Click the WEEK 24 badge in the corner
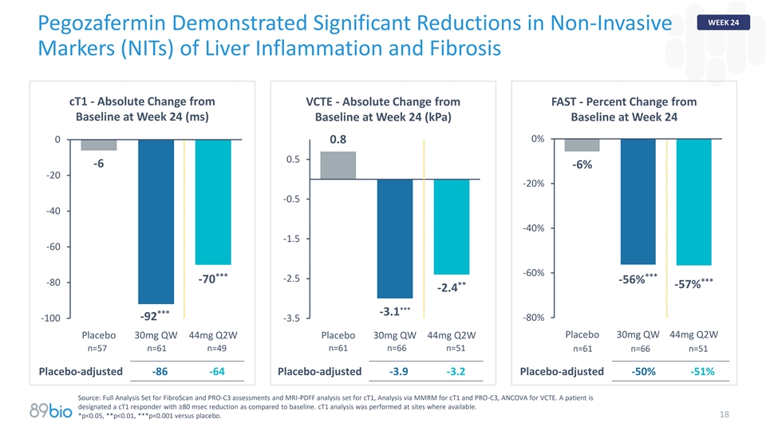pos(723,22)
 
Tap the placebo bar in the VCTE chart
pos(338,165)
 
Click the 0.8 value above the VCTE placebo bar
pos(338,140)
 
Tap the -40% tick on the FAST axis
pos(534,228)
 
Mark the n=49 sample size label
pos(217,349)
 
